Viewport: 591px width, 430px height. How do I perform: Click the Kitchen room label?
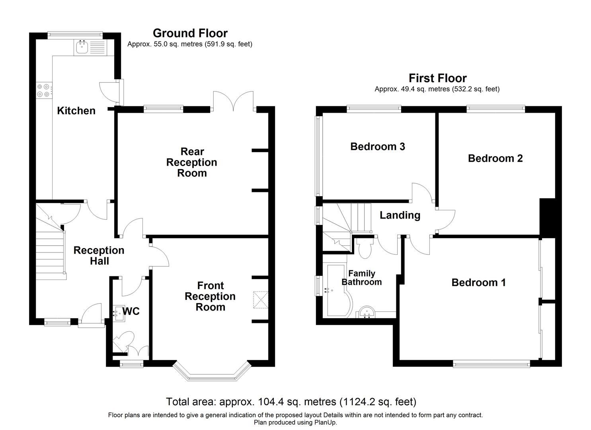76,111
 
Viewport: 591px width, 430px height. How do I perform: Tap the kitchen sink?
82,48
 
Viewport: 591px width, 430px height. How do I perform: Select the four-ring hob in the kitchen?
43,90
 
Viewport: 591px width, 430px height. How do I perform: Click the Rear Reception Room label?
192,162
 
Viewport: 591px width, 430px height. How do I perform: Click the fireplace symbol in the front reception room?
260,300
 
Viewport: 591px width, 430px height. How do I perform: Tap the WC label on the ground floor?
131,311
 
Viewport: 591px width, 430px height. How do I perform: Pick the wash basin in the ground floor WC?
118,313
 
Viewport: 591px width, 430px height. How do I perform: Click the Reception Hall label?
99,256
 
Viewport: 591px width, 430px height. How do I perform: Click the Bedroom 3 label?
377,147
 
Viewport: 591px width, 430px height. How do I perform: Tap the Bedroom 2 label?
495,158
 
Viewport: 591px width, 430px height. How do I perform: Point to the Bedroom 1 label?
478,283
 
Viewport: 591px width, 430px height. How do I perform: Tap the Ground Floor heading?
190,33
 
